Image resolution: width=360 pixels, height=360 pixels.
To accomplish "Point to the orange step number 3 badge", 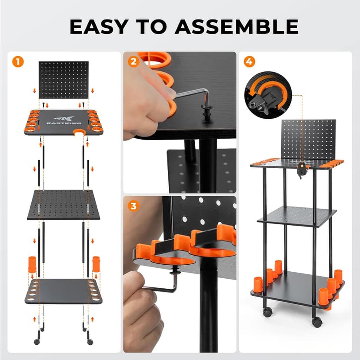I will [133, 205].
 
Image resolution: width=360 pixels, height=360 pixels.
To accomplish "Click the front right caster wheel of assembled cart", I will [317, 322].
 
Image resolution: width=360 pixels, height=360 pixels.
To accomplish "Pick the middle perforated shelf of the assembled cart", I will [297, 216].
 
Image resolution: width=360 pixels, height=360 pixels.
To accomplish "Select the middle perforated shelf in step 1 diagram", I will [63, 204].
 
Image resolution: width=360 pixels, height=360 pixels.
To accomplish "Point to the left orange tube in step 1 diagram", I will [32, 264].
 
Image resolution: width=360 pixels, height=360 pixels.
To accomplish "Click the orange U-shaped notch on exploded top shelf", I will [79, 132].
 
